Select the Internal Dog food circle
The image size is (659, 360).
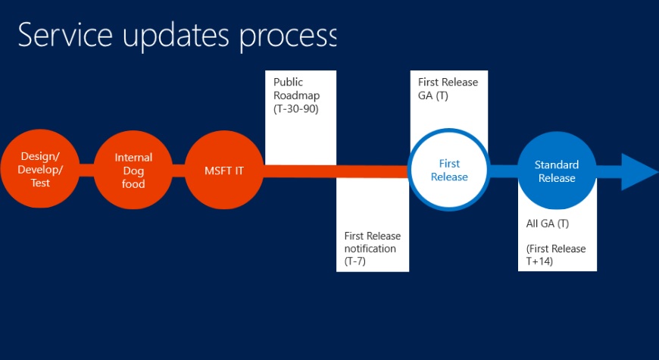[x=133, y=171]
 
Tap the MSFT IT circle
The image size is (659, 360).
[x=224, y=171]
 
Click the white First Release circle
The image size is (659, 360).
[x=449, y=171]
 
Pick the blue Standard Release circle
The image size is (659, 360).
[x=556, y=171]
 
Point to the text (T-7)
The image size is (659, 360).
[x=356, y=261]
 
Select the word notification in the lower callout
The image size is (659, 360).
[x=370, y=249]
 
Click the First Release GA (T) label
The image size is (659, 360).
[x=448, y=88]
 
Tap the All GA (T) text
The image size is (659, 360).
[x=548, y=224]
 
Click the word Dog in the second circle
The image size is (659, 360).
[x=133, y=171]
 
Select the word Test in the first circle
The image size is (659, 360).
[x=41, y=183]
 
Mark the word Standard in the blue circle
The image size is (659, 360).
[x=556, y=164]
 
